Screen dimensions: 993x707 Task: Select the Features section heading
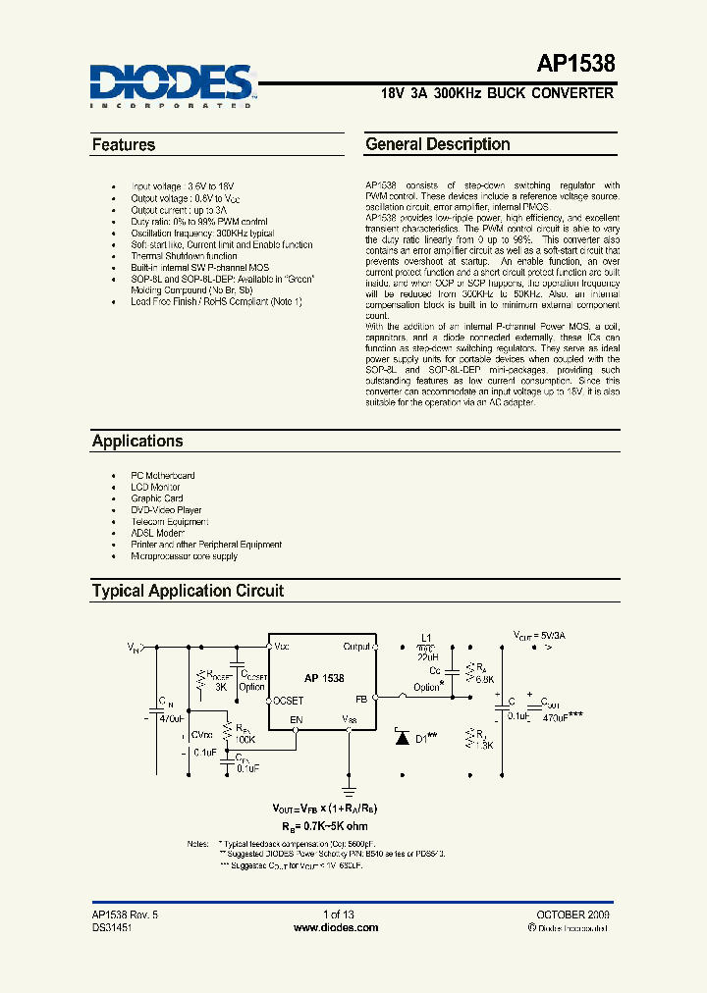[x=124, y=145]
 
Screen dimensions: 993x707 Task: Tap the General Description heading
[x=437, y=144]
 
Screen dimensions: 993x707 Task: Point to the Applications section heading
[x=137, y=442]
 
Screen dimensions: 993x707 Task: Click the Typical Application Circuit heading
[x=188, y=591]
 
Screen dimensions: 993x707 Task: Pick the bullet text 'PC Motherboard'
[x=163, y=476]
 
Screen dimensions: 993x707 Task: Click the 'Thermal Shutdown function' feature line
[x=185, y=256]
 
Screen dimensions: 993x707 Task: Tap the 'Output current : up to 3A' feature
[x=179, y=210]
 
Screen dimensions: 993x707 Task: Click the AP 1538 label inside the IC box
[x=324, y=678]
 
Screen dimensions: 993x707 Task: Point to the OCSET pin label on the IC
[x=290, y=700]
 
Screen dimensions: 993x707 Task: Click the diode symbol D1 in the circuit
[x=402, y=737]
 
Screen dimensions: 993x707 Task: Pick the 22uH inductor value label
[x=425, y=658]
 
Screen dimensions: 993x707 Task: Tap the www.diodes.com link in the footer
[x=339, y=927]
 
